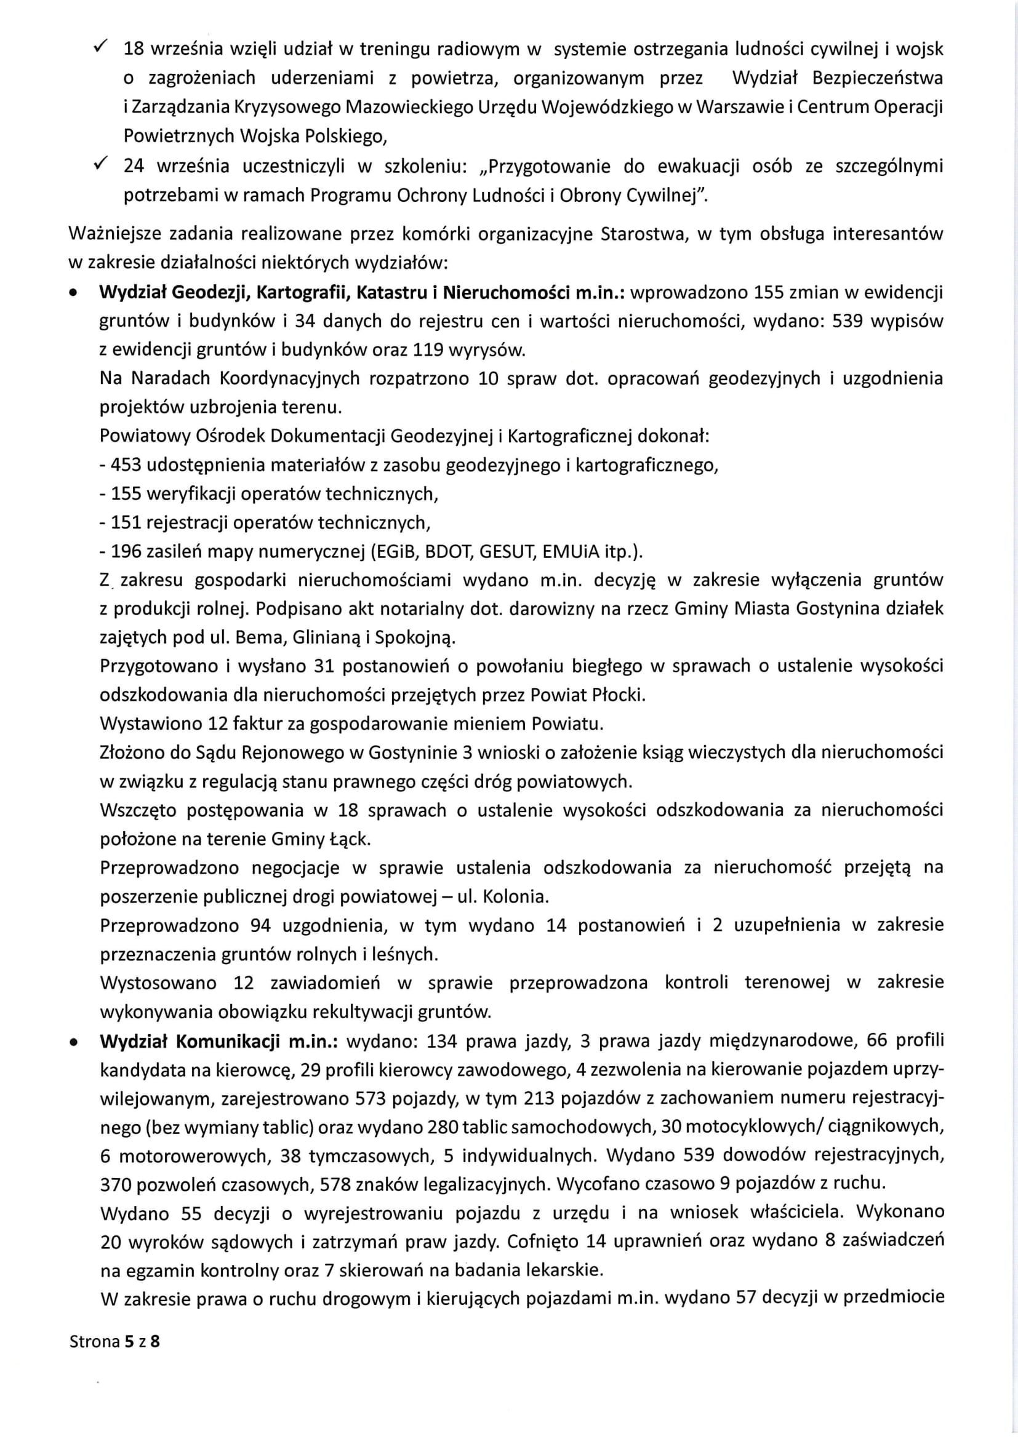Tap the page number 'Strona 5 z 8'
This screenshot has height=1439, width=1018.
click(114, 1341)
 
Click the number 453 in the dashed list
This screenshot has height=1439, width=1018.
click(126, 465)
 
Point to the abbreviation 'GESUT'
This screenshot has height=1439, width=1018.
click(505, 551)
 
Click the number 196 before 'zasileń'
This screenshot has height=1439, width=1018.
click(126, 551)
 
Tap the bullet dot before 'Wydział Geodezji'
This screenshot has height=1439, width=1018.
click(75, 293)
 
